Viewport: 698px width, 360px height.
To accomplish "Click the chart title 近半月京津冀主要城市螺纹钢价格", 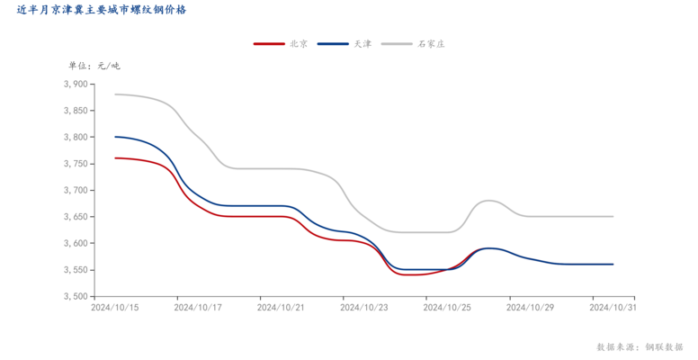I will (x=102, y=11).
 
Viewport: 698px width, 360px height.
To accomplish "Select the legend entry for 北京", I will (x=300, y=43).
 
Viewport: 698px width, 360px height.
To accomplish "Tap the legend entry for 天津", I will (x=362, y=43).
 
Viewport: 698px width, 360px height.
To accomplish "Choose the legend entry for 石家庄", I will (x=431, y=43).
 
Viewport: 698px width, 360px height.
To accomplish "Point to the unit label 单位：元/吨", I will (x=94, y=65).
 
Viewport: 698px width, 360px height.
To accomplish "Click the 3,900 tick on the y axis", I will (x=76, y=85).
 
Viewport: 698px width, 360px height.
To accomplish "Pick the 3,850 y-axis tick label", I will (x=76, y=111).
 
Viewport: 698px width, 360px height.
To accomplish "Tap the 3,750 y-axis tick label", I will (x=76, y=164).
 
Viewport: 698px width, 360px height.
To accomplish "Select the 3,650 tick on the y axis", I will (x=76, y=217).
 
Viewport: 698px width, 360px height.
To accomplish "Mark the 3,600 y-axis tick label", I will (x=76, y=244).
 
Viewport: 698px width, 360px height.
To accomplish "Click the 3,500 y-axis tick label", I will (x=76, y=297).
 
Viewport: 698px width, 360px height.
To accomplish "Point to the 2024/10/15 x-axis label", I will (x=115, y=307).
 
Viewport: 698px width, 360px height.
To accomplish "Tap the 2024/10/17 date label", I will (x=199, y=307).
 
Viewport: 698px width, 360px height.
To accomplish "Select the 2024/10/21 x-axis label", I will (x=282, y=307).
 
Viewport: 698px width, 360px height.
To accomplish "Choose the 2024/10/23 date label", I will (x=364, y=307).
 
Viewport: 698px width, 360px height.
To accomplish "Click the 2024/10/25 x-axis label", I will (x=447, y=307).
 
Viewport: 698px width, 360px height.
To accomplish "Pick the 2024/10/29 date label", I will (x=530, y=307).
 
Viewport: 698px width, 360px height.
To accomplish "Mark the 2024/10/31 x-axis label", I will (x=613, y=307).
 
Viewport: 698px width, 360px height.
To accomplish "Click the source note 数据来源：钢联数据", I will (x=640, y=346).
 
